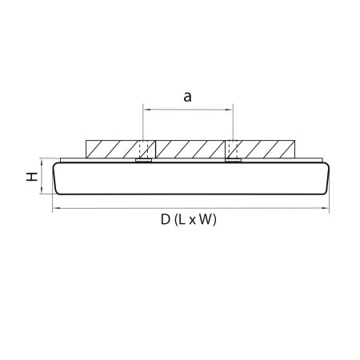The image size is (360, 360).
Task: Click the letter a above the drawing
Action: [187, 97]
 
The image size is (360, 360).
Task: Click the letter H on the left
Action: [31, 176]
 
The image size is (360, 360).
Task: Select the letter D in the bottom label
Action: [165, 220]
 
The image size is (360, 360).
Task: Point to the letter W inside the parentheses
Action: [205, 220]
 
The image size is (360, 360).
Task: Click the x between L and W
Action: [193, 221]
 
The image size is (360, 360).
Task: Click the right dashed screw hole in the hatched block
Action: [233, 150]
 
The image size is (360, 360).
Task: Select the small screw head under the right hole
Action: [233, 161]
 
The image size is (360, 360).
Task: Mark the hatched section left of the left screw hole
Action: [111, 150]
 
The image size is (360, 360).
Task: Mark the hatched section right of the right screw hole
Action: [265, 150]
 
